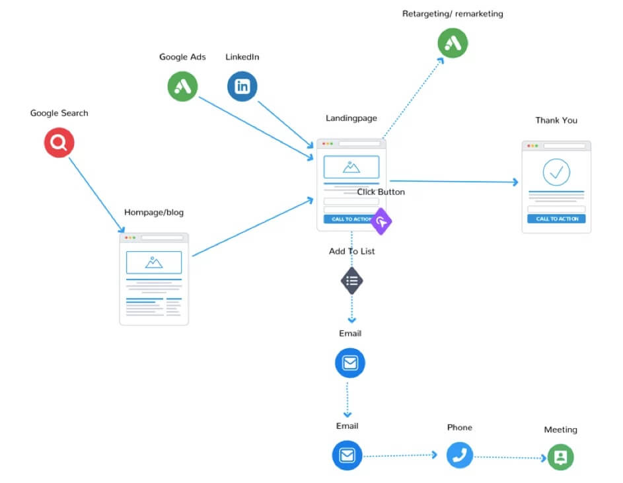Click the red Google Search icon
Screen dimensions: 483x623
pos(59,143)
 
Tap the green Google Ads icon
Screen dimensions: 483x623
pos(182,87)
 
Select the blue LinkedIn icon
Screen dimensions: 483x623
pos(242,87)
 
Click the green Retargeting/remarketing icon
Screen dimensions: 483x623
pos(453,44)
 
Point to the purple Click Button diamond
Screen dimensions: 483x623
pos(381,221)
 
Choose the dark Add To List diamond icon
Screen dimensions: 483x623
pos(352,281)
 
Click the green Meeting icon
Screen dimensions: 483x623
pos(561,457)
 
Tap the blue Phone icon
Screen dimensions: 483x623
pos(460,455)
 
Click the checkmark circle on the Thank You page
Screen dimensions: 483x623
pos(556,172)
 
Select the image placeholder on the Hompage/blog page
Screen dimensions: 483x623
pos(154,262)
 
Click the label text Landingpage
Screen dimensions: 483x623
pos(351,118)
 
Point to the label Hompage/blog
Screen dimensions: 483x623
pos(154,213)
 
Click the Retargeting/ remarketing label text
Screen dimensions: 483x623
pos(453,14)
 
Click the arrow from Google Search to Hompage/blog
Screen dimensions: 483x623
pos(96,195)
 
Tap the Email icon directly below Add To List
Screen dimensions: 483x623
pos(350,363)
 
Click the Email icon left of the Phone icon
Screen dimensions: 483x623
pos(348,455)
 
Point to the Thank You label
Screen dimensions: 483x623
pos(556,120)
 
